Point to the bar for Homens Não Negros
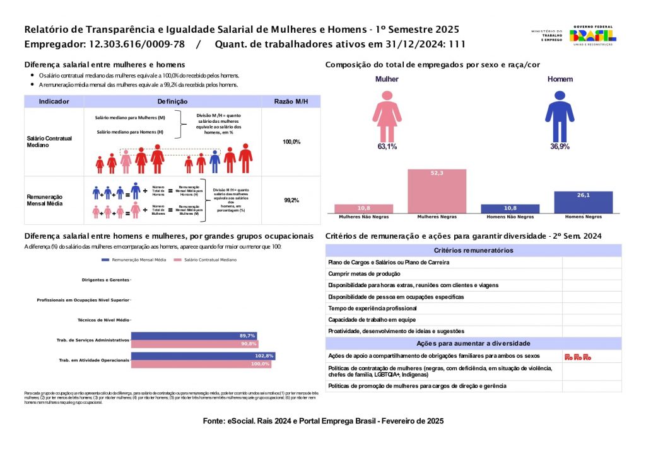510,209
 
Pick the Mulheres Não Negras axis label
363,217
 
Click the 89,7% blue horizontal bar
194,336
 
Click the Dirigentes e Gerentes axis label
105,280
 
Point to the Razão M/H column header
291,101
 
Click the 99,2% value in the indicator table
291,200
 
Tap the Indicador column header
54,101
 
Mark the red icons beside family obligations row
577,357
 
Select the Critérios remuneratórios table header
473,250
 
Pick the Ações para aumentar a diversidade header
473,343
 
